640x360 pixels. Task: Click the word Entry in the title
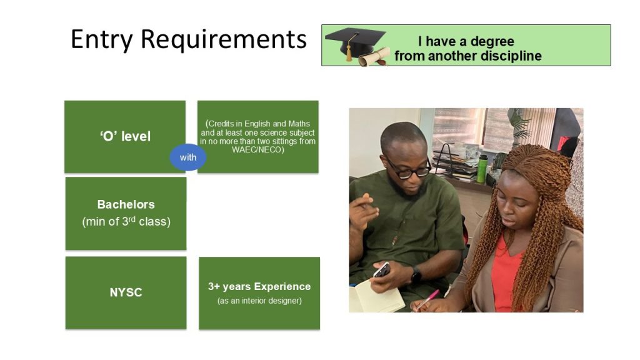pyautogui.click(x=102, y=39)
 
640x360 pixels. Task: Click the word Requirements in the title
pyautogui.click(x=223, y=39)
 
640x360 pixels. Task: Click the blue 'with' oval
pyautogui.click(x=187, y=157)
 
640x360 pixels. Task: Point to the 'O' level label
pyautogui.click(x=125, y=136)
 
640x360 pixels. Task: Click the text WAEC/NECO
pyautogui.click(x=257, y=150)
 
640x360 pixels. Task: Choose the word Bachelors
pyautogui.click(x=126, y=204)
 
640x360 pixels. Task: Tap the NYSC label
pyautogui.click(x=126, y=292)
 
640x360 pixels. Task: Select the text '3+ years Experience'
pyautogui.click(x=259, y=286)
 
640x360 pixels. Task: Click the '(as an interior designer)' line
pyautogui.click(x=259, y=301)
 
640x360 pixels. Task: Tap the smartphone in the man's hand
pyautogui.click(x=382, y=270)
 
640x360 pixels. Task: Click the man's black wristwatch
pyautogui.click(x=416, y=276)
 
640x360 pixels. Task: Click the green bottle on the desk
pyautogui.click(x=482, y=169)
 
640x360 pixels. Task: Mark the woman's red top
pyautogui.click(x=504, y=274)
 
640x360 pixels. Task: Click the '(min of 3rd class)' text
pyautogui.click(x=126, y=221)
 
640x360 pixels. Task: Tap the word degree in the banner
pyautogui.click(x=492, y=42)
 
